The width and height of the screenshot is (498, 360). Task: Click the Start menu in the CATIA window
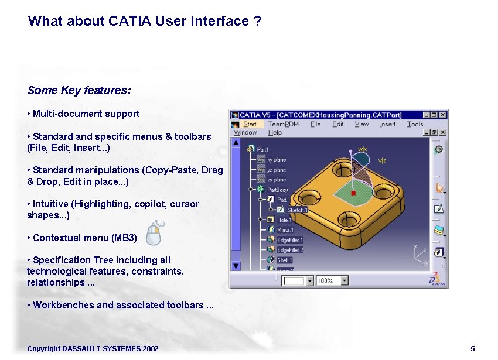(x=250, y=124)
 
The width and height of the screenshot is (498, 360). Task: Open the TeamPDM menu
(x=283, y=124)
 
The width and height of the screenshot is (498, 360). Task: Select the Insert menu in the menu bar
(x=387, y=124)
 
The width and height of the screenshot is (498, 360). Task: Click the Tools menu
(x=415, y=124)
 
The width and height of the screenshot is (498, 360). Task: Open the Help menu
(x=275, y=133)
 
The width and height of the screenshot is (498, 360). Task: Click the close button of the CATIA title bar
(x=443, y=115)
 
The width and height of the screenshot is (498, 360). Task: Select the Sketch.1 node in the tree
(x=296, y=210)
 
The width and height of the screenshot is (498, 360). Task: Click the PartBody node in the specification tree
(x=277, y=190)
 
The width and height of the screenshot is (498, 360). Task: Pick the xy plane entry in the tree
(x=276, y=160)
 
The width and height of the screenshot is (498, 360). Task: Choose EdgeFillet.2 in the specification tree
(x=289, y=250)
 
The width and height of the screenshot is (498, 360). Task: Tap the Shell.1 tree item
(x=284, y=260)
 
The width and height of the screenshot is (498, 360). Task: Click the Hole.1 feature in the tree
(x=284, y=220)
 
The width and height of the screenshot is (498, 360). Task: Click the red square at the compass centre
(x=353, y=193)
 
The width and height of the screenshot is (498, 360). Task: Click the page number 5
(x=472, y=349)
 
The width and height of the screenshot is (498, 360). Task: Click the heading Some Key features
(x=79, y=91)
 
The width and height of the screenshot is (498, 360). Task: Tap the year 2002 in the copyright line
(x=150, y=349)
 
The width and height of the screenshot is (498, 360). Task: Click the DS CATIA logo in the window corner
(x=438, y=279)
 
